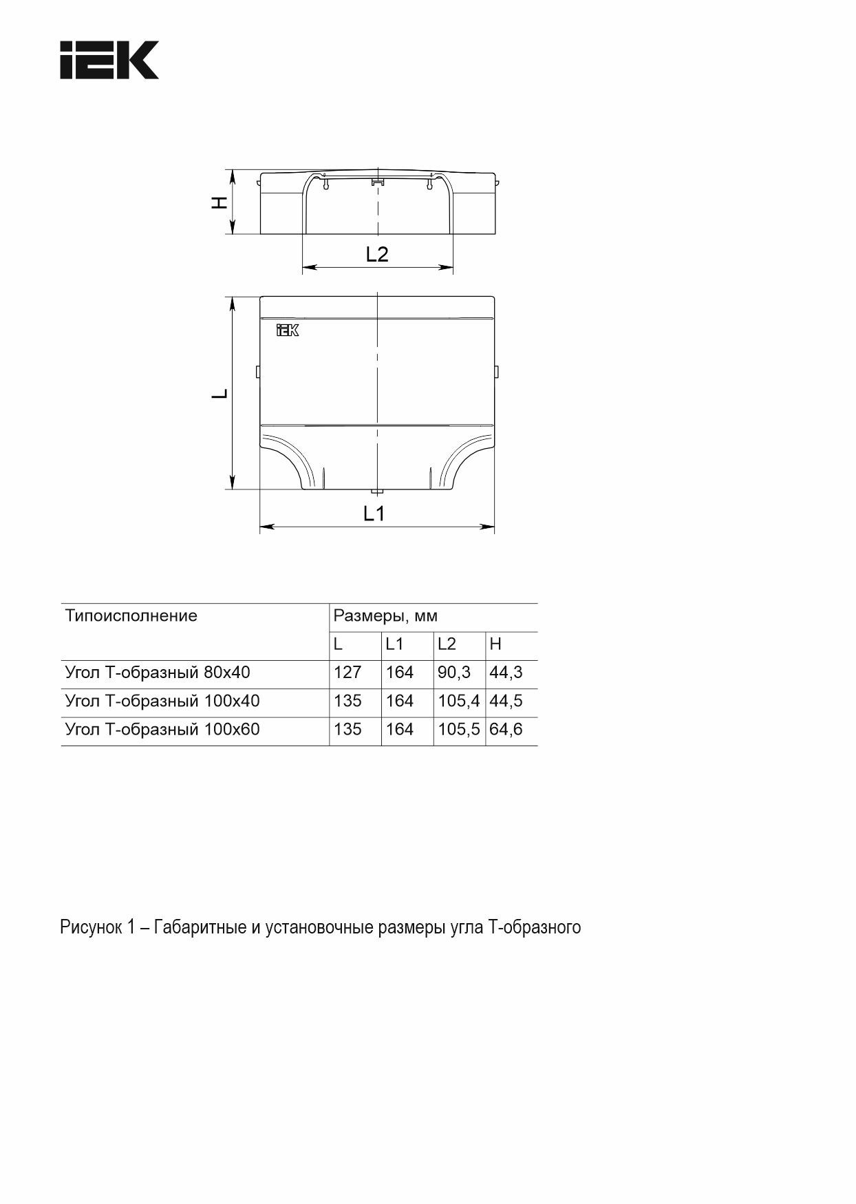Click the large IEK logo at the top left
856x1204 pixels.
(x=109, y=60)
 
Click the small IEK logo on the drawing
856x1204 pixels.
(x=287, y=330)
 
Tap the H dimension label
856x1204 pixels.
(x=219, y=202)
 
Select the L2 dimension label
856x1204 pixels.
(x=377, y=255)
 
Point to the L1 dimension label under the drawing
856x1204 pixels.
(x=374, y=514)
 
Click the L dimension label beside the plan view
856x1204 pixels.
(x=220, y=394)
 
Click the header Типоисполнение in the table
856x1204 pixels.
(x=131, y=615)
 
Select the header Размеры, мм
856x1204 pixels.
(x=385, y=615)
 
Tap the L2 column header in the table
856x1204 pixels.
(x=447, y=644)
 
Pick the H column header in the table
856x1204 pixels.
(x=495, y=644)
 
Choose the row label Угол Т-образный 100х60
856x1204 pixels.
(x=162, y=729)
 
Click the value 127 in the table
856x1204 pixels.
(x=347, y=673)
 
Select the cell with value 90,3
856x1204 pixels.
(x=454, y=673)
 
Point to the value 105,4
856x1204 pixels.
(x=458, y=701)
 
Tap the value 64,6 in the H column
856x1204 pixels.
(x=506, y=729)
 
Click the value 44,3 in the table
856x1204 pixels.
(x=506, y=673)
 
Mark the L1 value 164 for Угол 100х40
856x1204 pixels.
(x=400, y=701)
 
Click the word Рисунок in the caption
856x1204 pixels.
(x=89, y=927)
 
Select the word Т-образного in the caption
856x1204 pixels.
(x=535, y=927)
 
